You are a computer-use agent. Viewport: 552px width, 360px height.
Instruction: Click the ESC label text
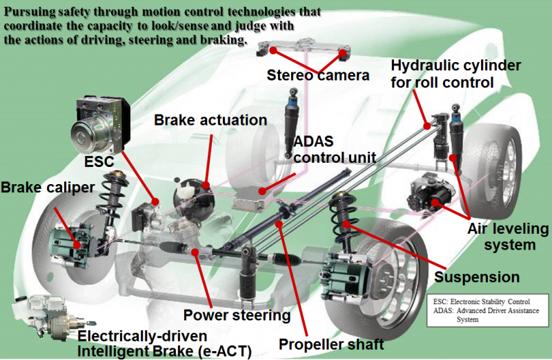[x=99, y=161]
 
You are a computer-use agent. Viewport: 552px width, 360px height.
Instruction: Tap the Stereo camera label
[x=318, y=75]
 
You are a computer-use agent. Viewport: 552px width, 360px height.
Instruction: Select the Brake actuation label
[x=210, y=120]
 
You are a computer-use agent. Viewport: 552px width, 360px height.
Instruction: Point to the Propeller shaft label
[x=331, y=344]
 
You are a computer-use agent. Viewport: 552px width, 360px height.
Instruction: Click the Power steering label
[x=237, y=315]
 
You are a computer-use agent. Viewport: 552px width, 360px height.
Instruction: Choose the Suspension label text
[x=477, y=277]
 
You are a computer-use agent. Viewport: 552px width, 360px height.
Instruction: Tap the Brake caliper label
[x=48, y=187]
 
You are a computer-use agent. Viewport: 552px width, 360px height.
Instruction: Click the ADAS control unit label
[x=335, y=150]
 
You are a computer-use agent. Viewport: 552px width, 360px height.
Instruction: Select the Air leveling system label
[x=508, y=237]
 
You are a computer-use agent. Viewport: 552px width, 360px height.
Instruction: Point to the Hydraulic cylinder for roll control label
[x=456, y=74]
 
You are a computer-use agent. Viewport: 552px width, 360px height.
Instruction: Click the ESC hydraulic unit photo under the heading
[x=100, y=124]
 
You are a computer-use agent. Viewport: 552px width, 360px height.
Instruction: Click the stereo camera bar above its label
[x=304, y=48]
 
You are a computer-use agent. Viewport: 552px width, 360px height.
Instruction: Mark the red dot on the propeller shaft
[x=279, y=223]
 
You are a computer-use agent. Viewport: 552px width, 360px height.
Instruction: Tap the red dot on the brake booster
[x=206, y=185]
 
